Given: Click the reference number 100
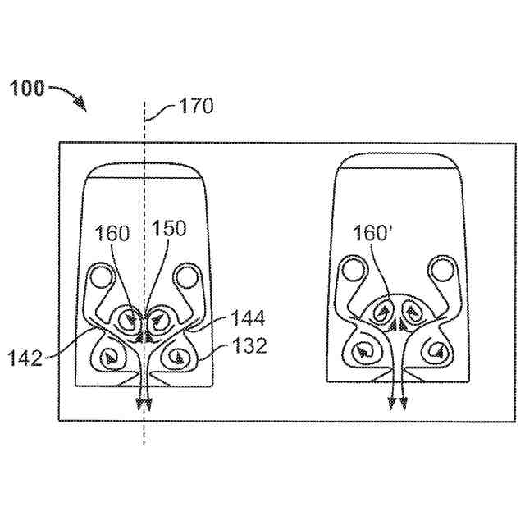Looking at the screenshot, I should coord(28,88).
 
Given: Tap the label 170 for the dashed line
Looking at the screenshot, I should coord(196,106).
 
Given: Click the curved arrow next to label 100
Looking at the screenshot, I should coord(70,95).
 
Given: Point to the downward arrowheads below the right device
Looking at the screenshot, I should coord(398,403).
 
